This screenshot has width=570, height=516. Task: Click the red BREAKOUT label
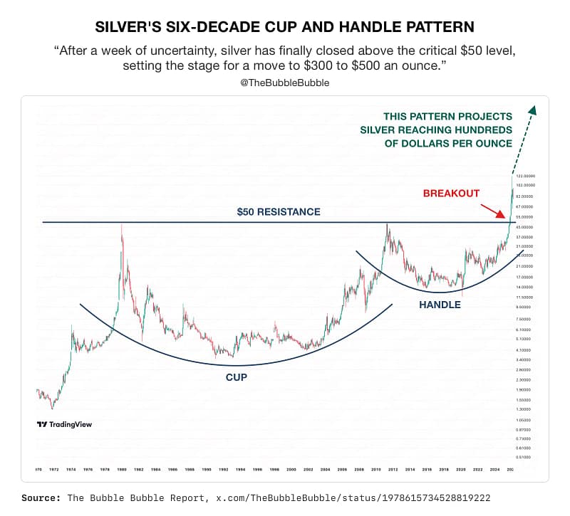451,193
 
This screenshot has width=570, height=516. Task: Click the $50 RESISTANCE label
279,211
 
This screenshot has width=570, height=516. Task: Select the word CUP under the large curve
237,377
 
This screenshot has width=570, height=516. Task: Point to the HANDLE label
440,305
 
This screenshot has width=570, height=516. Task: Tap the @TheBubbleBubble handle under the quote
284,83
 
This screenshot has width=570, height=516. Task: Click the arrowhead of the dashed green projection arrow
532,110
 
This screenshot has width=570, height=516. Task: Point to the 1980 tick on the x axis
123,470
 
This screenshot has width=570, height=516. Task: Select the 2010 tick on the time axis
376,470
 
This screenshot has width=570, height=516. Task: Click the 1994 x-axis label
241,470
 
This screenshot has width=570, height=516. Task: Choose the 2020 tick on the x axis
460,470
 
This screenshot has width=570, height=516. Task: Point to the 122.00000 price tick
524,176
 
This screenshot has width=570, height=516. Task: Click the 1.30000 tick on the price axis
524,409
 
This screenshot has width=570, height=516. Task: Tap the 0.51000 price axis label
524,457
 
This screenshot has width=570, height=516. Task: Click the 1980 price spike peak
122,226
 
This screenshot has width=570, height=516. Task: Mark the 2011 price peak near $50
387,226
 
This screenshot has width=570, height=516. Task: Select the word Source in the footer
40,497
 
